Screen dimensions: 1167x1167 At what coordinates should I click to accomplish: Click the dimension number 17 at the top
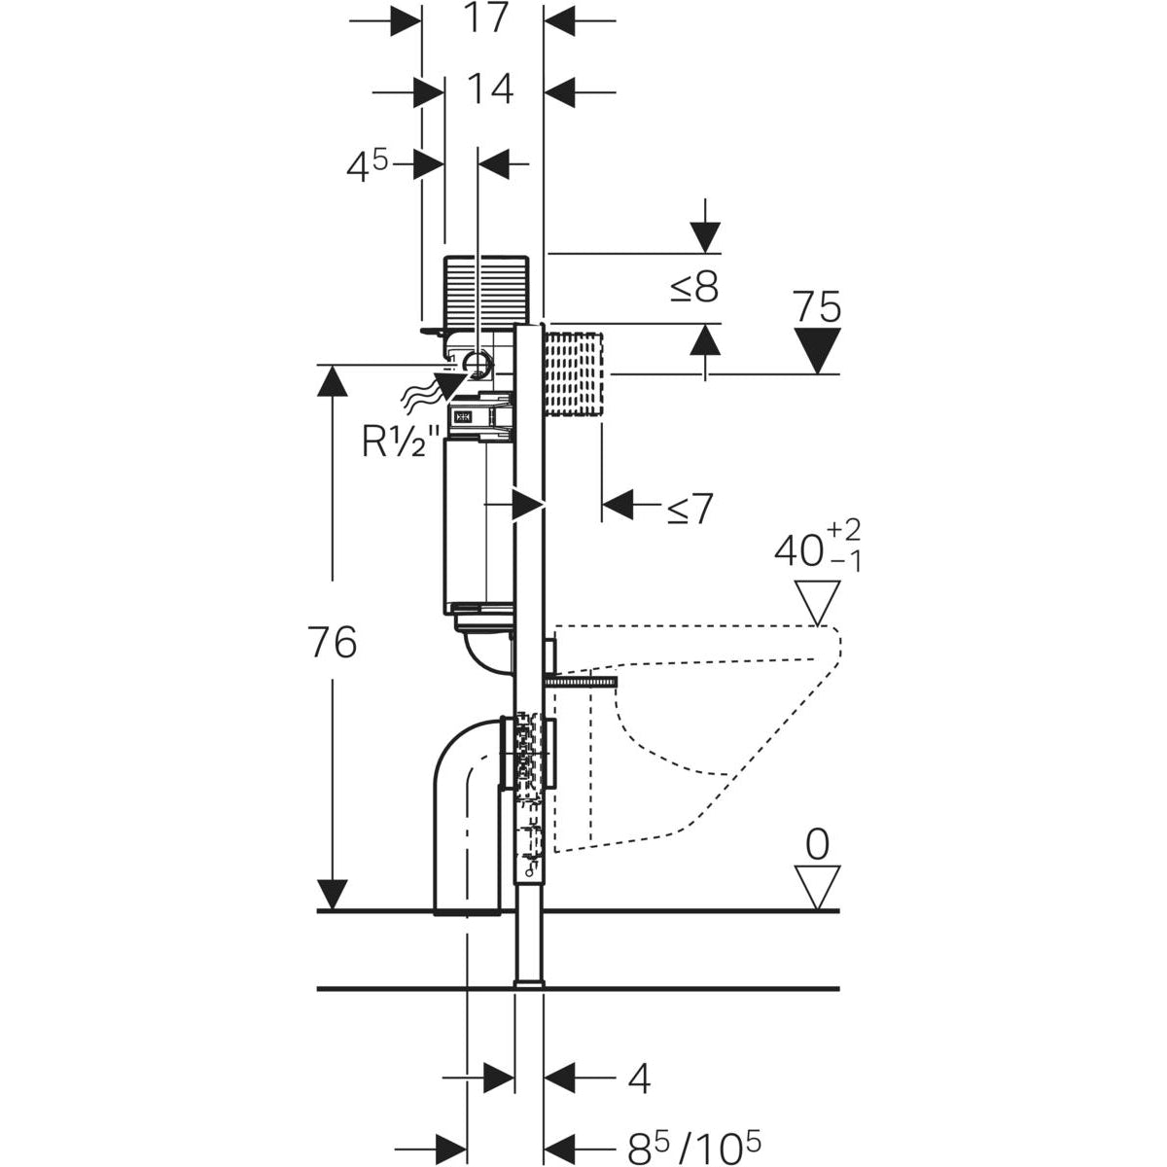(483, 18)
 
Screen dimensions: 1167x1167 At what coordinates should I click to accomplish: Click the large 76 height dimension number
(333, 643)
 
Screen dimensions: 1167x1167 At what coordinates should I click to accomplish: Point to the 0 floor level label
(817, 845)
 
